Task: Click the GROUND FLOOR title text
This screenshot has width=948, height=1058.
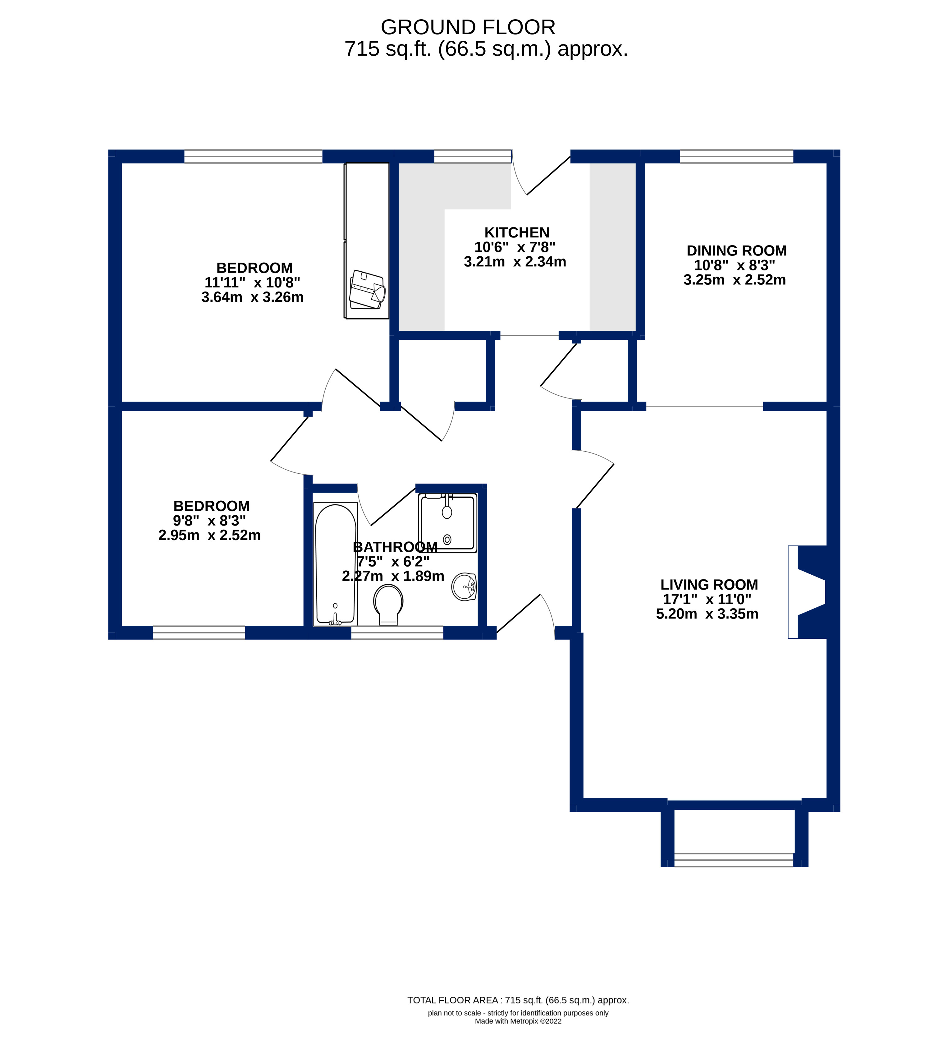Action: click(467, 27)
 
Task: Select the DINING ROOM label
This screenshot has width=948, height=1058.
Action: click(736, 251)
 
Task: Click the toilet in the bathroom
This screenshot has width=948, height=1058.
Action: click(388, 604)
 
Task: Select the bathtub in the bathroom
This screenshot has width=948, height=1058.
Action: click(336, 563)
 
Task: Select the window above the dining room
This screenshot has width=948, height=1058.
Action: click(736, 156)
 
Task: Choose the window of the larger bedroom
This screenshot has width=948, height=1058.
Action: click(253, 156)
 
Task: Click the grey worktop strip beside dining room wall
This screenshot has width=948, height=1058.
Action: click(612, 246)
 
